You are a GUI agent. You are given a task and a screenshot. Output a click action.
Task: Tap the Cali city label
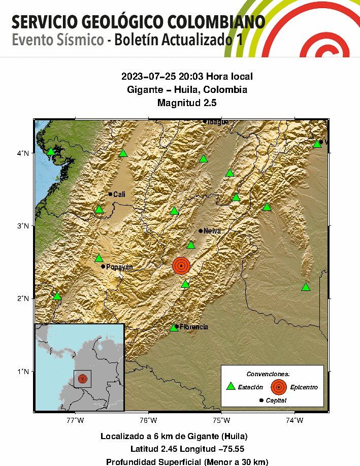119,194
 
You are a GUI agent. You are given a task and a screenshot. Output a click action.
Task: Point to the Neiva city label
212,230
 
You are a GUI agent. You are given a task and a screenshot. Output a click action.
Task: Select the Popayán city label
119,267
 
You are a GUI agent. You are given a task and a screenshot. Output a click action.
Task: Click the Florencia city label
193,327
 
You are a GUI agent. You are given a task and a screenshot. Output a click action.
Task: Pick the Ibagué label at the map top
218,122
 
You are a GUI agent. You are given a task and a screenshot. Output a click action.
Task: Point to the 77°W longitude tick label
76,420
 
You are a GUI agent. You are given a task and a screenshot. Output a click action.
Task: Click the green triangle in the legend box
231,387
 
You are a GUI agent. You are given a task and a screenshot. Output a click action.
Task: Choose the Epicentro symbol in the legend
278,387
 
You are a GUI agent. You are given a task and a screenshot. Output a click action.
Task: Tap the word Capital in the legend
276,401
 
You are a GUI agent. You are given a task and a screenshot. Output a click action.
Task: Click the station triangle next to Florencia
174,327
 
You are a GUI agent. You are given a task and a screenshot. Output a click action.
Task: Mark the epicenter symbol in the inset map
82,379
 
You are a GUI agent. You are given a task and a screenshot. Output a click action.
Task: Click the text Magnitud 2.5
187,103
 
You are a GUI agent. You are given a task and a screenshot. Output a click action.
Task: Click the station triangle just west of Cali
99,210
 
